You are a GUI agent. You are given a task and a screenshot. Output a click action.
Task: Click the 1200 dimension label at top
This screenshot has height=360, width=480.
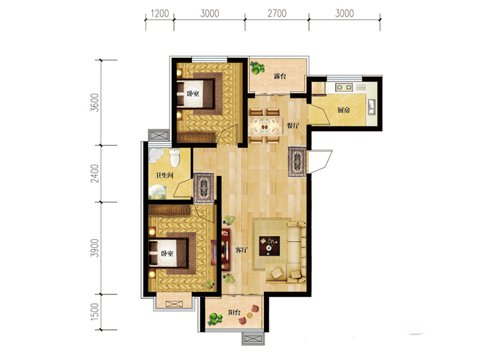coord(160,13)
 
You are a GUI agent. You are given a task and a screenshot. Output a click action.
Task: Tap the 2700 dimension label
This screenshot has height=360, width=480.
coord(277,13)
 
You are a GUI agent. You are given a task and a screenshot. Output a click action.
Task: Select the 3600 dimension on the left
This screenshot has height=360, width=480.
coord(95,103)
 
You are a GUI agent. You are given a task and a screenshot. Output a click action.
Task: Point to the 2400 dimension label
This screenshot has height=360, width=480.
coord(95,173)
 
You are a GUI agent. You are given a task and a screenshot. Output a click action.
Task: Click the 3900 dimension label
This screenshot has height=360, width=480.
coord(95,248)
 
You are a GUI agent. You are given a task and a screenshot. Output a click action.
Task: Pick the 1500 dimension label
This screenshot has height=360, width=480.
coord(95,312)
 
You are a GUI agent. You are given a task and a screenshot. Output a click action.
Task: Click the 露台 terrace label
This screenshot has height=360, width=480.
coord(280,76)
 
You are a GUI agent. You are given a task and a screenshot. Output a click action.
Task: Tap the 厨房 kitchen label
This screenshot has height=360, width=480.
coord(343,110)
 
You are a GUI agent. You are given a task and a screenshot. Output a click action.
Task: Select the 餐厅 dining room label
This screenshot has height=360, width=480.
coord(293,125)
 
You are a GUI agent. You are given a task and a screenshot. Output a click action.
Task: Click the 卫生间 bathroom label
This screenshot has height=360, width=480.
coord(164,175)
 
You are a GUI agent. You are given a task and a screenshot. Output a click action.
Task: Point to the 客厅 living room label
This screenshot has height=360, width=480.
coord(241,250)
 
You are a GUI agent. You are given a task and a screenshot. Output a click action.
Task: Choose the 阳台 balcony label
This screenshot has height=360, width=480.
coord(235,313)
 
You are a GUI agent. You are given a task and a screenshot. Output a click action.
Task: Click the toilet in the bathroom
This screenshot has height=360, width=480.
coord(175,157)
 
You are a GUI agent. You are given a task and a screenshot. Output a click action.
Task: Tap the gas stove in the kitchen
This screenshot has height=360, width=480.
coord(344,87)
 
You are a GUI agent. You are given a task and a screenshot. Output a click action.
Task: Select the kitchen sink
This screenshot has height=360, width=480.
coord(371,107)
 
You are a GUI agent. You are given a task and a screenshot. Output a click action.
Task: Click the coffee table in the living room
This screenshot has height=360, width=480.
coord(269,246)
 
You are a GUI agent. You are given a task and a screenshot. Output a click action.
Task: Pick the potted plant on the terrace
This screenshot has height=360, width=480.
coord(257,68)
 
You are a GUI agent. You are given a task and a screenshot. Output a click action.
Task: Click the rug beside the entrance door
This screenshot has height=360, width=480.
coord(297,161)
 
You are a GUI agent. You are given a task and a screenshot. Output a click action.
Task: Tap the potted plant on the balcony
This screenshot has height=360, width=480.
coord(215,319)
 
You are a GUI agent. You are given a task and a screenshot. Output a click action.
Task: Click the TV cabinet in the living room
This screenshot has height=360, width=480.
coord(226,250)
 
